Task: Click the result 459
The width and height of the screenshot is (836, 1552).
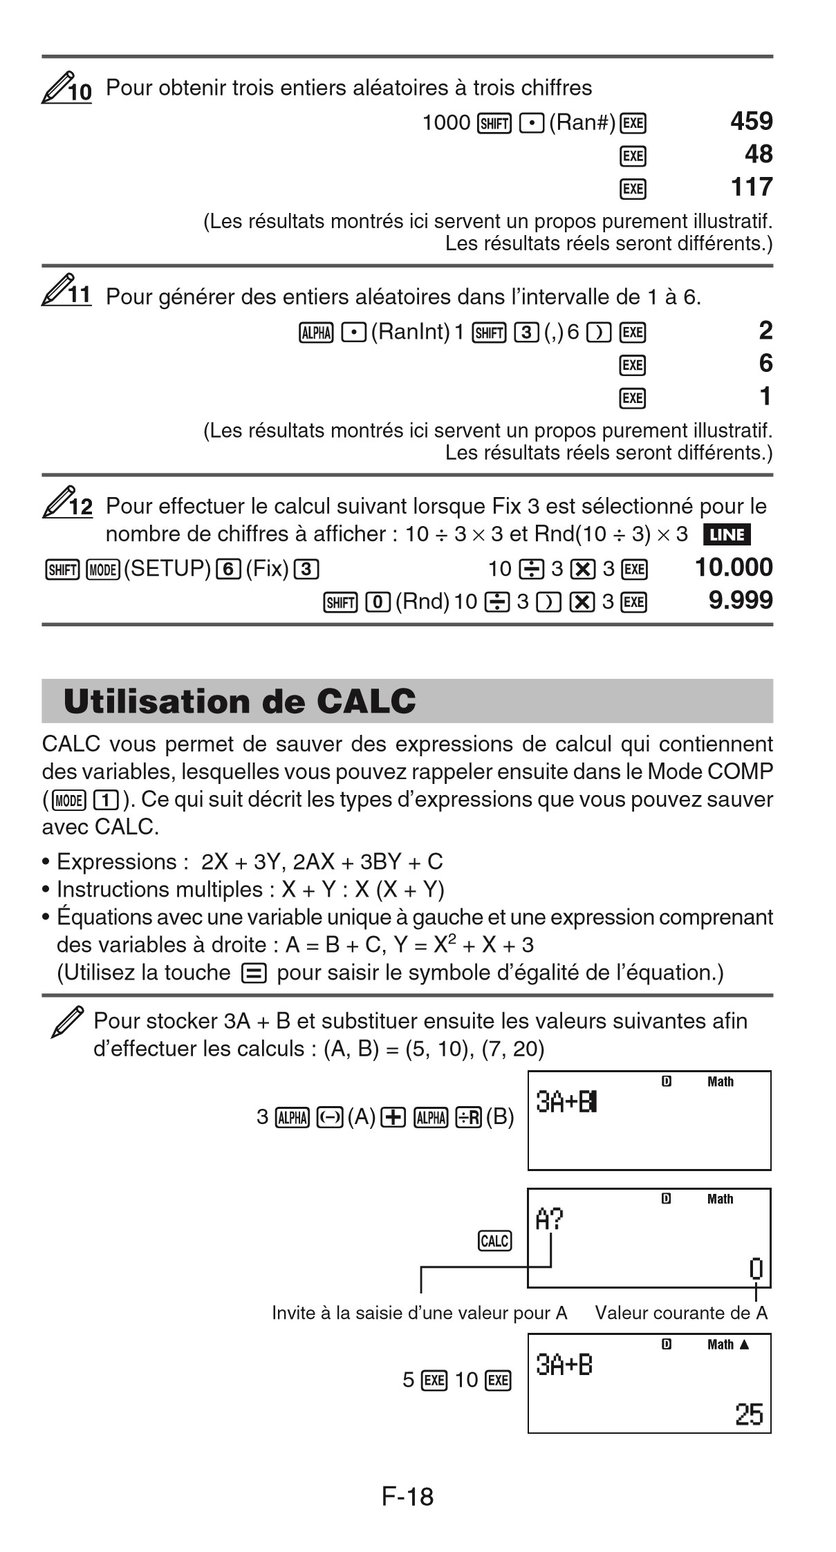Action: click(751, 122)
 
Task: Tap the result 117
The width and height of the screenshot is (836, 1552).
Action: click(751, 187)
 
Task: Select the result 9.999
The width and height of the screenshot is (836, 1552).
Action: click(741, 600)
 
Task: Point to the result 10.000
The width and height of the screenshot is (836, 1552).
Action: click(734, 568)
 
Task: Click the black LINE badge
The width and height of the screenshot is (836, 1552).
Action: click(726, 535)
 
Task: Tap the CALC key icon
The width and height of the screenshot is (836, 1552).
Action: click(494, 1241)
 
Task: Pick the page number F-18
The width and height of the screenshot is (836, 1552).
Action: click(407, 1497)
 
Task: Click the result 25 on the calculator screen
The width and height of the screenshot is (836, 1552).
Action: click(749, 1415)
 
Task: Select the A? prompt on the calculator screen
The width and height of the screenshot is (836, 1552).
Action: click(550, 1220)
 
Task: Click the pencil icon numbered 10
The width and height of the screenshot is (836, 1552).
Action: click(66, 88)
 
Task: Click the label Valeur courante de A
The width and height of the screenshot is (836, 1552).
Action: click(681, 1313)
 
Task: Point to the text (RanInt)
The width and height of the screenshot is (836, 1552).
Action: click(411, 333)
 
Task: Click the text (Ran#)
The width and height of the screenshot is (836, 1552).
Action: click(582, 124)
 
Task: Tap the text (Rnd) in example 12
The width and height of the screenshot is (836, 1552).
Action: click(422, 601)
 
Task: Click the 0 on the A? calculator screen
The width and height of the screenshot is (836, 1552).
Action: click(756, 1269)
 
